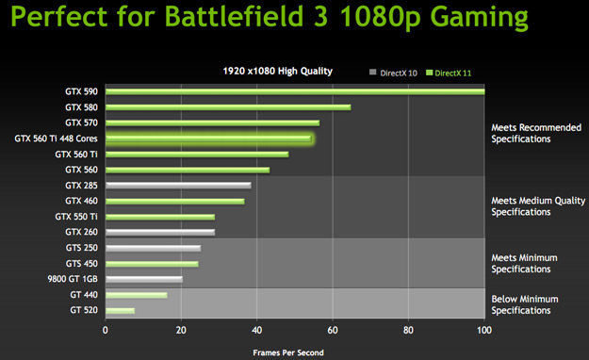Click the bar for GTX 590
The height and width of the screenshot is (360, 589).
294,91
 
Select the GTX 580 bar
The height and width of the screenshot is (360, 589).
227,107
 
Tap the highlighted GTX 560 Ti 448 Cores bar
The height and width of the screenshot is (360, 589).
208,139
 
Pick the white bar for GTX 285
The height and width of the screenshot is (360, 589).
178,186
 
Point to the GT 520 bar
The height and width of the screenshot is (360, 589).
120,310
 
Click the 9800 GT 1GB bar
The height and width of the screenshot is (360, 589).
143,279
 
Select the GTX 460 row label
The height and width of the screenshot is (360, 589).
81,201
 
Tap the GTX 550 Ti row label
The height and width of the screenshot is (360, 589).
76,217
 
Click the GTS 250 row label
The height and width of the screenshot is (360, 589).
81,248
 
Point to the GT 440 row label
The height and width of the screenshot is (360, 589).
84,295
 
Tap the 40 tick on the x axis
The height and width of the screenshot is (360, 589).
256,331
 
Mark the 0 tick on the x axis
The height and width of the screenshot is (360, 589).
106,331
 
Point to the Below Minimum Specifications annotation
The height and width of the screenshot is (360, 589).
524,304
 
